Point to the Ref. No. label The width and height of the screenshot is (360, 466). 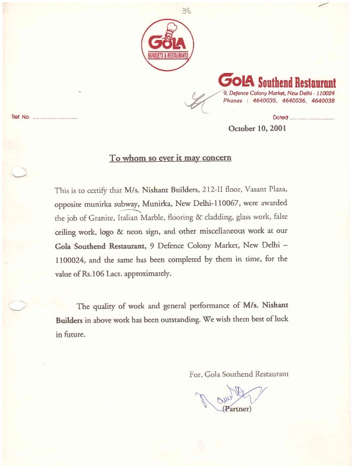[x=21, y=118]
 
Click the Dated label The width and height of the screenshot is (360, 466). [x=281, y=118]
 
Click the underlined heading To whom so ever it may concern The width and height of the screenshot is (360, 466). [x=170, y=158]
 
